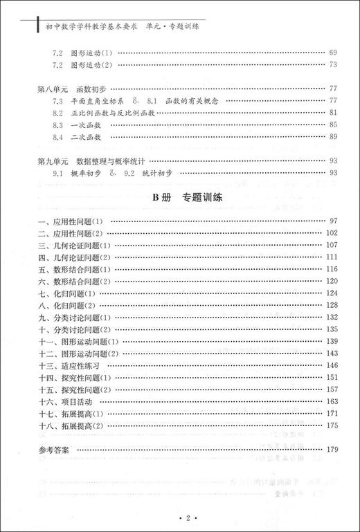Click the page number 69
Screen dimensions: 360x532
[x=332, y=53]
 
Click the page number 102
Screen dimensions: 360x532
[x=330, y=233]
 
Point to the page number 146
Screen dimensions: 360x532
[x=330, y=365]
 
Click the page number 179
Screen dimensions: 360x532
[x=330, y=450]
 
